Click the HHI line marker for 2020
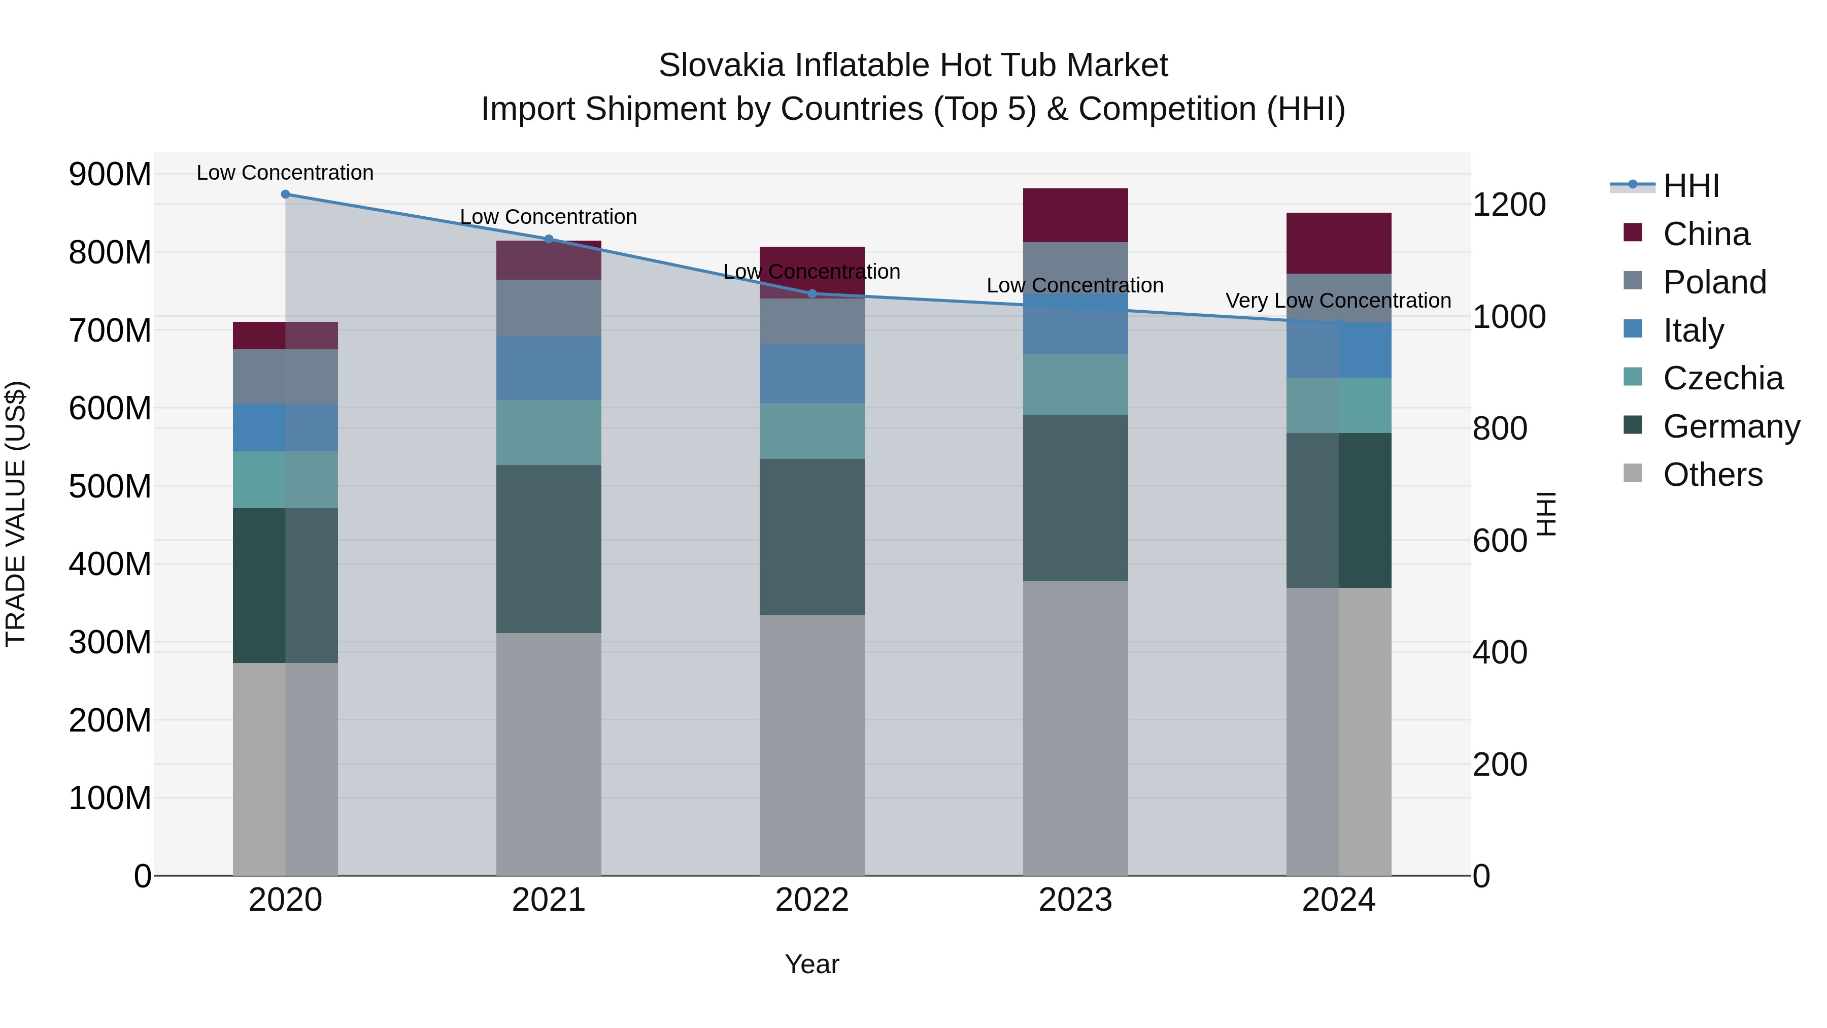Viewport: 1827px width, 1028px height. [x=285, y=194]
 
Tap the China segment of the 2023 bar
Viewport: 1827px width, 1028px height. [x=1075, y=215]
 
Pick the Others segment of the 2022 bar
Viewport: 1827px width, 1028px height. [x=812, y=745]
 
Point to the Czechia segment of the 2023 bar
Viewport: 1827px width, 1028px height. [x=1075, y=384]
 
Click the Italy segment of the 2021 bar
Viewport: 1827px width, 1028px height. [x=548, y=368]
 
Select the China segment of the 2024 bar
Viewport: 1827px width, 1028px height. [x=1338, y=243]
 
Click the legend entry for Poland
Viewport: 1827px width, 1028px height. [x=1713, y=282]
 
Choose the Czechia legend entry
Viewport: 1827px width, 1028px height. [x=1721, y=378]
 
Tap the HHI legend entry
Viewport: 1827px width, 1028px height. [x=1689, y=186]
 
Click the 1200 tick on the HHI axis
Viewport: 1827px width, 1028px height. [x=1509, y=205]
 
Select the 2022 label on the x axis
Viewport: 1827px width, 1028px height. [x=812, y=900]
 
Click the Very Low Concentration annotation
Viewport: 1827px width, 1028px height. [x=1338, y=301]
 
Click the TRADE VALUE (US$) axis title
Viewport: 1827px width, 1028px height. [x=16, y=514]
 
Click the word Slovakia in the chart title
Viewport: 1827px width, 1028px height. [x=721, y=66]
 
